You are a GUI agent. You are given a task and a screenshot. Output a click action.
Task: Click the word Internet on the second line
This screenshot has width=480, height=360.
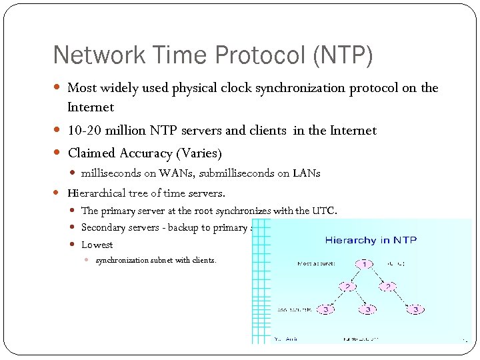(91, 107)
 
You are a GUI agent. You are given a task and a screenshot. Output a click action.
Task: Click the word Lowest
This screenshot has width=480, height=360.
(97, 245)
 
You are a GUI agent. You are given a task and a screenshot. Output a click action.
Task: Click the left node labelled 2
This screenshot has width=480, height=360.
(346, 287)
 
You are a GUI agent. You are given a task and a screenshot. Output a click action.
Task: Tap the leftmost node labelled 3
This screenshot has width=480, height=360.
(326, 310)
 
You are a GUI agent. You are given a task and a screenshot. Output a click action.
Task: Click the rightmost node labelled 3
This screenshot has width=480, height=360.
(415, 310)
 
